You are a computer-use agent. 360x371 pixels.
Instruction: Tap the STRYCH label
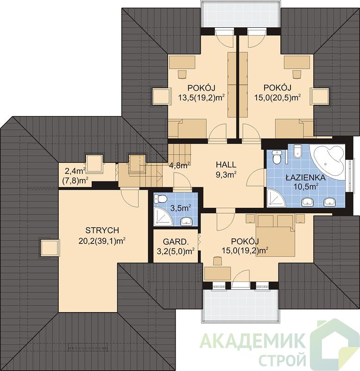coord(102,230)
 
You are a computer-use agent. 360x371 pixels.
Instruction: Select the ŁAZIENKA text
coord(305,178)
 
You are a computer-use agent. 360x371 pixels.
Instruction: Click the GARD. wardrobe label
coord(176,242)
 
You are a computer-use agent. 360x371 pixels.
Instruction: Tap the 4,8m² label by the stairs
coord(180,165)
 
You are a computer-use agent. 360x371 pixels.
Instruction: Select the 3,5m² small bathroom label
coord(181,208)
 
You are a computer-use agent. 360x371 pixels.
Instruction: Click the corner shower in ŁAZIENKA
coord(276,198)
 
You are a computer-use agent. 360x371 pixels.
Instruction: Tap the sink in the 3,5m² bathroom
coord(187,222)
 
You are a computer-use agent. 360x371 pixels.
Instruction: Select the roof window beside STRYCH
coord(49,248)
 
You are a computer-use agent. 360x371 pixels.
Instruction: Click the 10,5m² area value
coord(306,186)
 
